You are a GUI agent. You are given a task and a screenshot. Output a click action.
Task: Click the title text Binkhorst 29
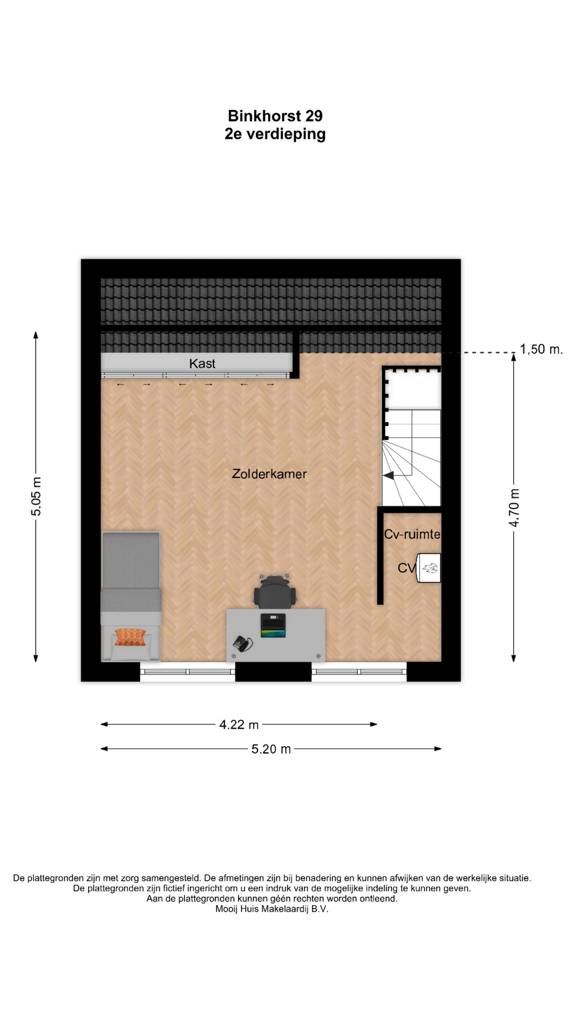[275, 116]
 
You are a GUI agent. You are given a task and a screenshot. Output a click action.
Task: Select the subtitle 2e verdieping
[275, 134]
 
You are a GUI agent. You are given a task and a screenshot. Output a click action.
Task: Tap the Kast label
[202, 364]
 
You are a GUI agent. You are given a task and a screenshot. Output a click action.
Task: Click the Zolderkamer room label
[269, 474]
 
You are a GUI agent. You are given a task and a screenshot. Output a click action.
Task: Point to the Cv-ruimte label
[412, 534]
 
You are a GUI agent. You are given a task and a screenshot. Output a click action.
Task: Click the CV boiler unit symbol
[429, 568]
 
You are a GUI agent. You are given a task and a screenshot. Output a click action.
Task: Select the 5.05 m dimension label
[36, 497]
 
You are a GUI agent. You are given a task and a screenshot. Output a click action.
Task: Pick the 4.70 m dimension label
[514, 508]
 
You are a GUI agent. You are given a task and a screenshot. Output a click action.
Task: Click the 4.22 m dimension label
[239, 724]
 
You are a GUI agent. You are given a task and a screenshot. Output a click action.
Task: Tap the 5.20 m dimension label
[271, 749]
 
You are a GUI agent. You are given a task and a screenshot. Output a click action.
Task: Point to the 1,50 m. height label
[541, 349]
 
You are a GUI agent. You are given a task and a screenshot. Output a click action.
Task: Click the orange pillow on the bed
[130, 637]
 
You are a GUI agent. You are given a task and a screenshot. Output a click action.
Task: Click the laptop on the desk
[273, 625]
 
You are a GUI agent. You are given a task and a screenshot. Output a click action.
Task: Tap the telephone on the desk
[243, 644]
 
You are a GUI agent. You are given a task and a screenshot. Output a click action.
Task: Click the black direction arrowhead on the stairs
[388, 475]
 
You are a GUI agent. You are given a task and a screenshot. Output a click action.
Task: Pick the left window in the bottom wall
[188, 672]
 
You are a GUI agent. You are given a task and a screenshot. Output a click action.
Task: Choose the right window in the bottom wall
[359, 672]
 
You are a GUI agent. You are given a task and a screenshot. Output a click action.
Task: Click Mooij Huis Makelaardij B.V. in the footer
[272, 909]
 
